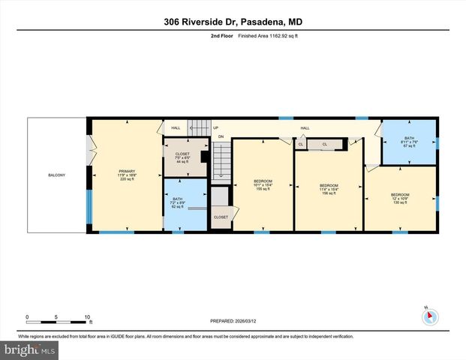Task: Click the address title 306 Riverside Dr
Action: (x=233, y=22)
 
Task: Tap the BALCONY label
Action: (x=56, y=175)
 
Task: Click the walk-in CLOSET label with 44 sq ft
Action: (x=183, y=158)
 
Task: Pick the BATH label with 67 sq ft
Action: (x=409, y=142)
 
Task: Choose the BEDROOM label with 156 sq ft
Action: (x=329, y=187)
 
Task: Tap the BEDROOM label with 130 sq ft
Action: (x=400, y=198)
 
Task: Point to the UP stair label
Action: (x=216, y=127)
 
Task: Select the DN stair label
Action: (x=221, y=136)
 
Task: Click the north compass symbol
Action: (x=429, y=316)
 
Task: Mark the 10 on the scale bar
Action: (x=88, y=316)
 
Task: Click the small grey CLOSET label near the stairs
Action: (x=221, y=217)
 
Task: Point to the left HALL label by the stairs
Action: (x=176, y=127)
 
